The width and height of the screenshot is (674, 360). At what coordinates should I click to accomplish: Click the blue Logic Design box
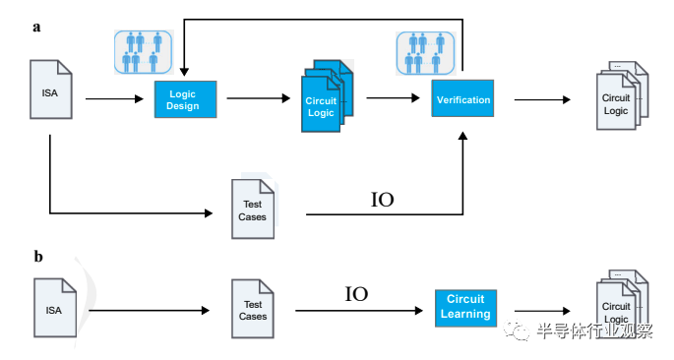185,99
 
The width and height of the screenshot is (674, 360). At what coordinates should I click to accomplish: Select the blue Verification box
462,98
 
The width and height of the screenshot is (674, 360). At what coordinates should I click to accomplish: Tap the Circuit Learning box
465,308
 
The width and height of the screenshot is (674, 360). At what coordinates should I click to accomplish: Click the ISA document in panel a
51,90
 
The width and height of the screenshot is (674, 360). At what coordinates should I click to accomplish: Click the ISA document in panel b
55,308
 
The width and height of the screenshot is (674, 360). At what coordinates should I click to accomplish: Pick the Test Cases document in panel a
253,209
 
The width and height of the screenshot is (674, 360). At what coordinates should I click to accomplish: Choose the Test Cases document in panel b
253,309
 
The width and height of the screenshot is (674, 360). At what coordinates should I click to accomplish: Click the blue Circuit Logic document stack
327,95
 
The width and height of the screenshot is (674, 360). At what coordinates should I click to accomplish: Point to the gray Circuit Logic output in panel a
622,95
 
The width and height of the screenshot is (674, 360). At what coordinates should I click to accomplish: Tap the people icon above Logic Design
143,52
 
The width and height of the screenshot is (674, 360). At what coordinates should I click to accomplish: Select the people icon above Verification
425,53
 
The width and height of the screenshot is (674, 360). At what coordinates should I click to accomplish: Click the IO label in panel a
382,200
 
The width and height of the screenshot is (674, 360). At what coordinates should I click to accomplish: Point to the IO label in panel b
356,294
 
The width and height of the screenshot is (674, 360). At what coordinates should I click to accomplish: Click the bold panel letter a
36,28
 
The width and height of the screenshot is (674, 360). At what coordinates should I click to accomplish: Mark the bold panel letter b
38,257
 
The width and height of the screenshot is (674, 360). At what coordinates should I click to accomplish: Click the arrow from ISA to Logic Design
114,99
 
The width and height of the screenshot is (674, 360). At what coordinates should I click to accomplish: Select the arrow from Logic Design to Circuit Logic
259,98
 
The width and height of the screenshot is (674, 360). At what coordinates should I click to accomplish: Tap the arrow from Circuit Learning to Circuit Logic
542,311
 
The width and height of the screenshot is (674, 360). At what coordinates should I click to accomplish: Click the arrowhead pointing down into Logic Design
184,72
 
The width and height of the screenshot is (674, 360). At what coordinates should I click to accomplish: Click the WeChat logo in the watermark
517,330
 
